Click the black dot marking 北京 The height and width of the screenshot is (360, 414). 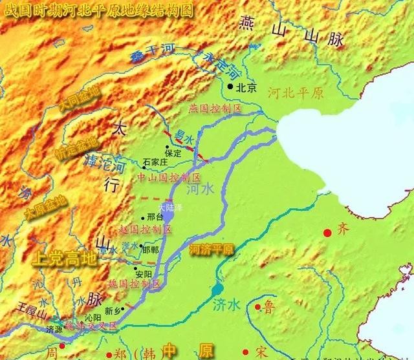click(x=230, y=85)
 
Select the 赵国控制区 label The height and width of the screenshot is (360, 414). click(x=146, y=229)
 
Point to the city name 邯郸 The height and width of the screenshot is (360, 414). click(x=151, y=249)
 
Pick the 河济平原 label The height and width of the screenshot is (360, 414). click(x=212, y=248)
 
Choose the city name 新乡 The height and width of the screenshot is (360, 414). click(x=113, y=310)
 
